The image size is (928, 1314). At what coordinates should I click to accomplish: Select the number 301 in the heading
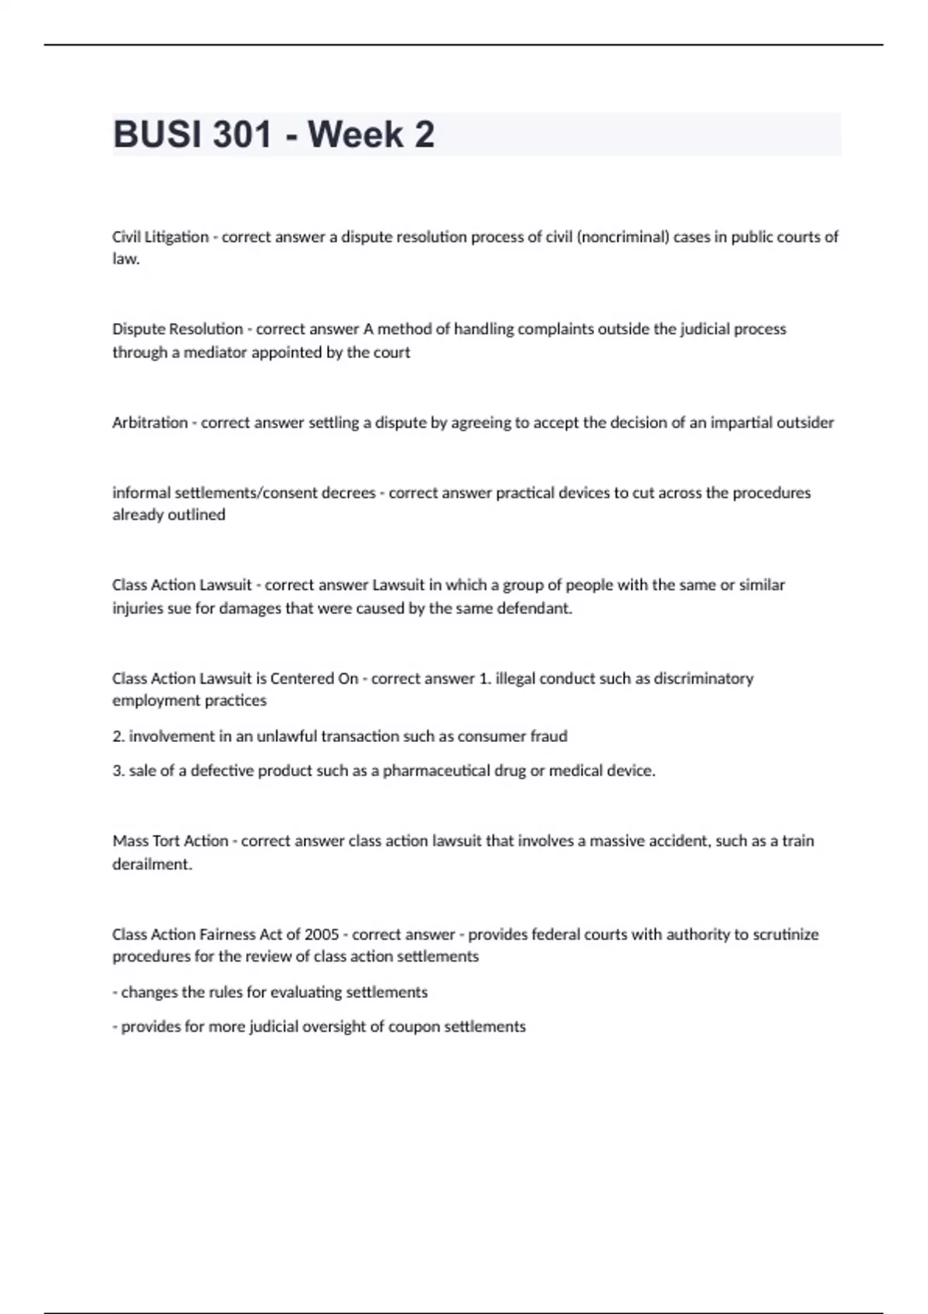242,134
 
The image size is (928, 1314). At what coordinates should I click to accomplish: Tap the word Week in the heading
356,134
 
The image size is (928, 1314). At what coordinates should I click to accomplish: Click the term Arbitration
150,423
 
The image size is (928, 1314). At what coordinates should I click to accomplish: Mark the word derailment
152,864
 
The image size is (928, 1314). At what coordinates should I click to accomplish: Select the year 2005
322,934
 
